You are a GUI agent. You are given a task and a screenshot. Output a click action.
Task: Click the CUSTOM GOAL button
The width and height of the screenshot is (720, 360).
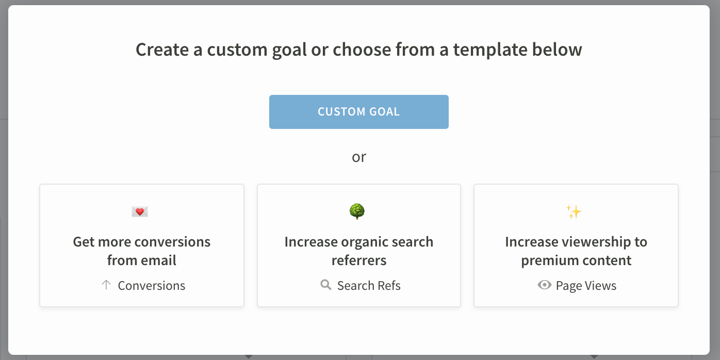pyautogui.click(x=359, y=112)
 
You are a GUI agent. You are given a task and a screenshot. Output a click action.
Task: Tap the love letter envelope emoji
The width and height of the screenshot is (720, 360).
pyautogui.click(x=140, y=212)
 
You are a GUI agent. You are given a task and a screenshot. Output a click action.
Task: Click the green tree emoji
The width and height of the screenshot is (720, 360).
pyautogui.click(x=357, y=211)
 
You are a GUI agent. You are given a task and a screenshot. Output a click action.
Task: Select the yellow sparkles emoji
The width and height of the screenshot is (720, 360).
pyautogui.click(x=574, y=212)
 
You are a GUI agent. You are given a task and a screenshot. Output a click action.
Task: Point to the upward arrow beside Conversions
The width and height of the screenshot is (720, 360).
pyautogui.click(x=106, y=285)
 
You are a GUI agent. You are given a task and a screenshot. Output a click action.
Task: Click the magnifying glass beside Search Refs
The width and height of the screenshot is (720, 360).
pyautogui.click(x=325, y=285)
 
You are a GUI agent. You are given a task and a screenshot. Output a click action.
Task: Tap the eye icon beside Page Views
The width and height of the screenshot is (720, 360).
pyautogui.click(x=545, y=285)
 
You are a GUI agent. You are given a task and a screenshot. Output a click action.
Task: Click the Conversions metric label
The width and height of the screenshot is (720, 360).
pyautogui.click(x=152, y=285)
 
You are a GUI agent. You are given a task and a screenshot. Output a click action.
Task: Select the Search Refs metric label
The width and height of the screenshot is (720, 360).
pyautogui.click(x=369, y=285)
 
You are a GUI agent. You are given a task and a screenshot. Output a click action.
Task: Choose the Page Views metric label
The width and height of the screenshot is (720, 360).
pyautogui.click(x=586, y=286)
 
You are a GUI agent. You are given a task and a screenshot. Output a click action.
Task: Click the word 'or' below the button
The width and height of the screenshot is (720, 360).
pyautogui.click(x=359, y=157)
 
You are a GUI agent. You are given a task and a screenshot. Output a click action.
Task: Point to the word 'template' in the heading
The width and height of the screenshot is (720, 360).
pyautogui.click(x=490, y=50)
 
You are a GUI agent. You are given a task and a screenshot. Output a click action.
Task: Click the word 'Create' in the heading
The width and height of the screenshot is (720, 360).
pyautogui.click(x=162, y=50)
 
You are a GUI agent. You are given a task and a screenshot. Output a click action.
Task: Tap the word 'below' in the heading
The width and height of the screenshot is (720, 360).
pyautogui.click(x=557, y=50)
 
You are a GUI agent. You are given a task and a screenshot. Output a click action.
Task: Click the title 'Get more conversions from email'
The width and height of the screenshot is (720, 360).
pyautogui.click(x=142, y=251)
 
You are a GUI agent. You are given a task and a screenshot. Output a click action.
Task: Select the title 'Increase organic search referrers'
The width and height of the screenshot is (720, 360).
pyautogui.click(x=359, y=251)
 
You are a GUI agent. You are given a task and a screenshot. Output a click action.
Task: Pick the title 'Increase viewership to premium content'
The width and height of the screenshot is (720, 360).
pyautogui.click(x=576, y=251)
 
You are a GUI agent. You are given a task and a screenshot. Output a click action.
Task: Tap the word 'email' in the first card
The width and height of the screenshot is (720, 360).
pyautogui.click(x=159, y=260)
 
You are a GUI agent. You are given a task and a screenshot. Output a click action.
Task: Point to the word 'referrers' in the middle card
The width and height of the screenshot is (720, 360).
pyautogui.click(x=359, y=260)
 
